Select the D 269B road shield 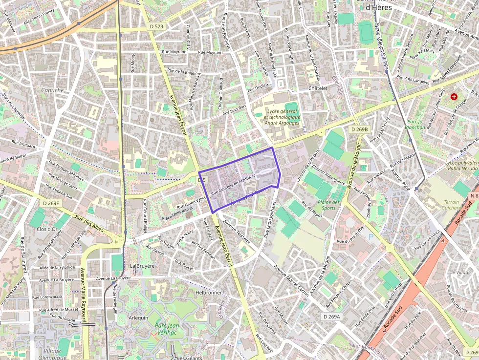pos(359,129)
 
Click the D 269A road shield pos(331,317)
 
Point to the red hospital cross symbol pos(455,97)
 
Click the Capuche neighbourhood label pos(52,90)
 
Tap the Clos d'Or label pos(47,229)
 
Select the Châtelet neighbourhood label pos(317,88)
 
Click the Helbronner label pos(209,293)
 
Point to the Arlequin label pos(138,318)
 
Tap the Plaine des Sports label pos(329,205)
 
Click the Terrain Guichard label pos(452,205)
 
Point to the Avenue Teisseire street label pos(237,232)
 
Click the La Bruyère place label pos(142,266)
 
